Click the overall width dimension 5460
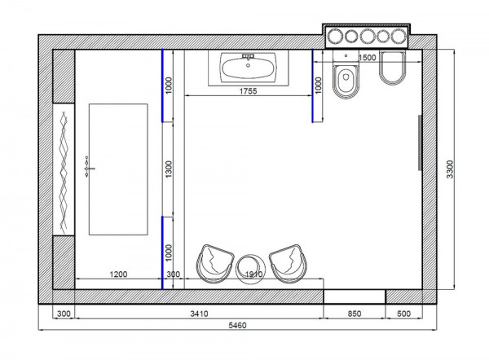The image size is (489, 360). click(x=237, y=326)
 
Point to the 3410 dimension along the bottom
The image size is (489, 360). click(x=200, y=314)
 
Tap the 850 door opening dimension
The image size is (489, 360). click(x=355, y=314)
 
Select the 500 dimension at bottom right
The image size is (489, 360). click(x=404, y=314)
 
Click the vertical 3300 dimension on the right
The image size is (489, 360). click(x=450, y=169)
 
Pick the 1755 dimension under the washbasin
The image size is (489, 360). click(x=249, y=91)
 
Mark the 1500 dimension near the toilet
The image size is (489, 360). click(x=367, y=58)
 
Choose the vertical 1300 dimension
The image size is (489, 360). click(x=169, y=169)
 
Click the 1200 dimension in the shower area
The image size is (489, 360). click(x=118, y=274)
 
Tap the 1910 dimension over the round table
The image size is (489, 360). click(x=253, y=274)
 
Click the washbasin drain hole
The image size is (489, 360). click(x=248, y=65)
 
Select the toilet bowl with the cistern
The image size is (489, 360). click(x=346, y=74)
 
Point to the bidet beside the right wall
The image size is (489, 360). click(x=392, y=68)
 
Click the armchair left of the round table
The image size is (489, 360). click(x=215, y=264)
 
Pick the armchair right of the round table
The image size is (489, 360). click(x=289, y=264)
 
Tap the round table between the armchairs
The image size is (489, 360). click(x=251, y=270)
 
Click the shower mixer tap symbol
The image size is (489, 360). click(x=89, y=168)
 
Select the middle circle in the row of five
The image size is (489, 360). click(x=367, y=36)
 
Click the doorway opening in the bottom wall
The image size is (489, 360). click(x=355, y=296)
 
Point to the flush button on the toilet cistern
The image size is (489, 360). click(x=346, y=56)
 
